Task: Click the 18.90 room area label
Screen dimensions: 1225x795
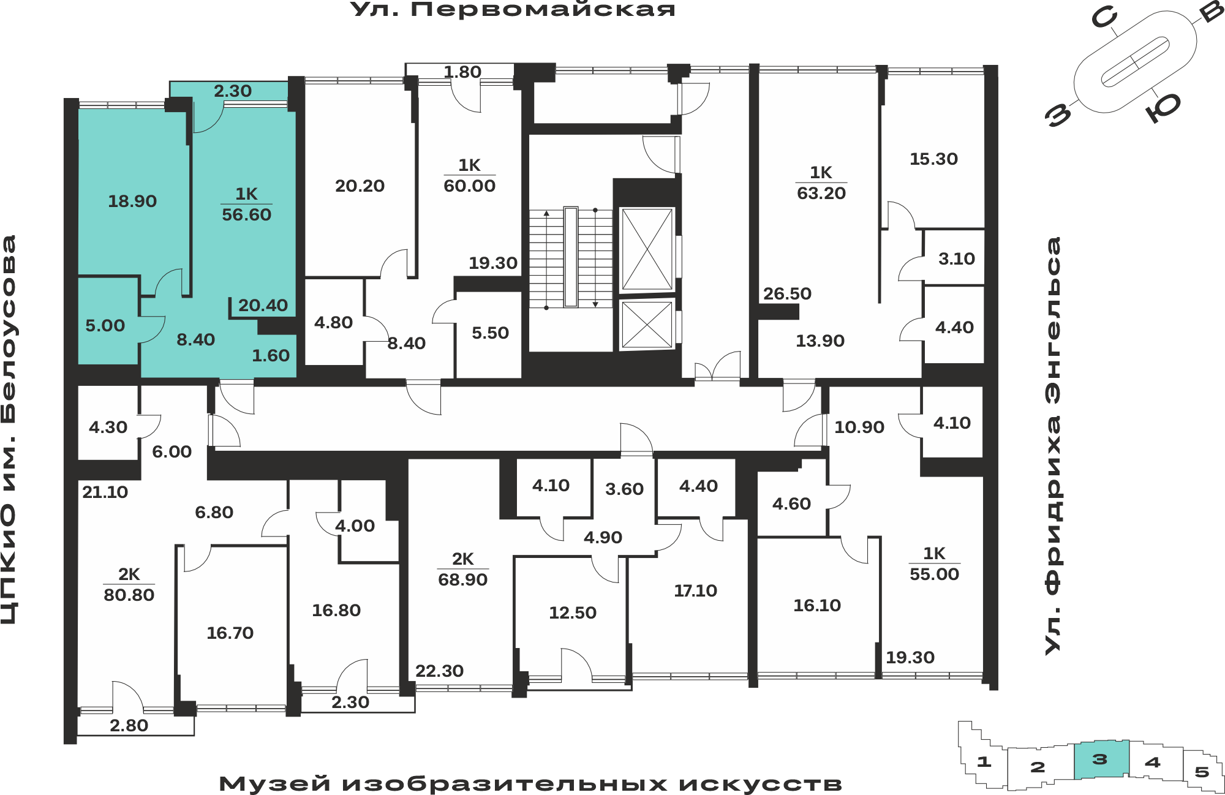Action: [132, 201]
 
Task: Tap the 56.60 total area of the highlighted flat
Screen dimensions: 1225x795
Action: [246, 214]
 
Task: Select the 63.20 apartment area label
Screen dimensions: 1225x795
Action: [821, 193]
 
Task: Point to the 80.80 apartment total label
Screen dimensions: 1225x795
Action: [129, 595]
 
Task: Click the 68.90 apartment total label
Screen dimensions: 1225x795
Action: [462, 579]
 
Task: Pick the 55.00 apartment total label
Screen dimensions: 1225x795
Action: [934, 574]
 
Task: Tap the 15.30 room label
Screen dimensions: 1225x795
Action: [933, 159]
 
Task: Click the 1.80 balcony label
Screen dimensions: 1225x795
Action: [462, 72]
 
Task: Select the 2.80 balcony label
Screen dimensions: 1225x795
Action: [129, 725]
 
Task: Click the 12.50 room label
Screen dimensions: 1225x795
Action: [572, 612]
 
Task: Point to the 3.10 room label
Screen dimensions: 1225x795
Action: [956, 258]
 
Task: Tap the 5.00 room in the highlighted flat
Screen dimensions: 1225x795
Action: [105, 325]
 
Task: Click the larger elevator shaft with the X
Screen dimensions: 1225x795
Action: [647, 249]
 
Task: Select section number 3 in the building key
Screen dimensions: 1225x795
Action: [1099, 759]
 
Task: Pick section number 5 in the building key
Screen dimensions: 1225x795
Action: [1202, 772]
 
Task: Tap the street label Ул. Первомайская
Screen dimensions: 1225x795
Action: [513, 9]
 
